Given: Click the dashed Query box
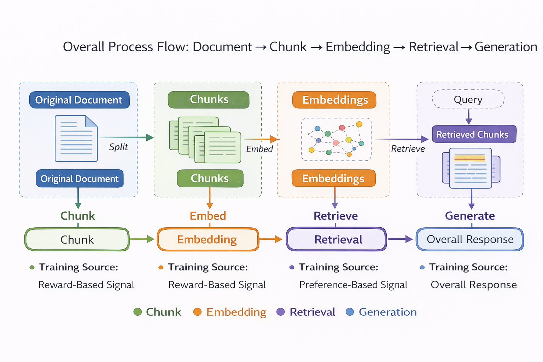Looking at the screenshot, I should [x=468, y=99].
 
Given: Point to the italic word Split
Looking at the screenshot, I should [x=118, y=147].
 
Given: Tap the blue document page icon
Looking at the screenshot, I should [x=76, y=139].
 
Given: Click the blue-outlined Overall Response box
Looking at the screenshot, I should [x=470, y=239].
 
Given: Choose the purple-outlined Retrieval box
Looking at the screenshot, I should [x=336, y=239].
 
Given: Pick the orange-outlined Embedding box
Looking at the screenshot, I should [x=208, y=239].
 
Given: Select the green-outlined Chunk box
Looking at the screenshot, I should [x=77, y=239].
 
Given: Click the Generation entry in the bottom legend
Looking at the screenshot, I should [x=387, y=312].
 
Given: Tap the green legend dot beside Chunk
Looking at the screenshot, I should [x=138, y=312].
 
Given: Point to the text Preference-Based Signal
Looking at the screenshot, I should [x=353, y=285].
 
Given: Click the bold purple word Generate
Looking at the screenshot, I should [x=470, y=216].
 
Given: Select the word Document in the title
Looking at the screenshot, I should [x=222, y=47].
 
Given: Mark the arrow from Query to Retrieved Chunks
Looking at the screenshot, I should [x=469, y=117].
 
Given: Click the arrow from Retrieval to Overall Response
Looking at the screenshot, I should [x=400, y=239].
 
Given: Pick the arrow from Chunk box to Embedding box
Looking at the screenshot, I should [x=142, y=239].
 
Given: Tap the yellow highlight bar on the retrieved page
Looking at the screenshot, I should [x=470, y=158].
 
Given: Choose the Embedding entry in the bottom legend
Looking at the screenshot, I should [x=236, y=312].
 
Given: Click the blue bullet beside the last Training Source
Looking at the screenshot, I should [x=422, y=267].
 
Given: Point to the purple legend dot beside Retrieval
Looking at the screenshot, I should [x=280, y=312].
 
